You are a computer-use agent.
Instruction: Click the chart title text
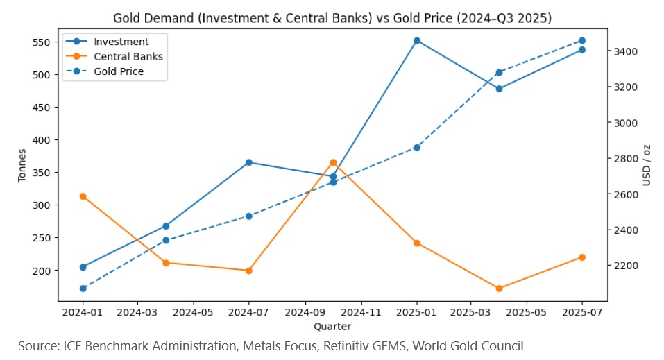pyautogui.click(x=332, y=19)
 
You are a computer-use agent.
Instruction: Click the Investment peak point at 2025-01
pyautogui.click(x=416, y=41)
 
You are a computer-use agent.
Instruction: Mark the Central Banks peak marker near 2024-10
pyautogui.click(x=333, y=162)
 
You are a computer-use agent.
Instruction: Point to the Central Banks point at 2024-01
pyautogui.click(x=83, y=196)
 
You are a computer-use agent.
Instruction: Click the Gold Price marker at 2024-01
pyautogui.click(x=83, y=289)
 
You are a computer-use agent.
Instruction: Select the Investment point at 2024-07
pyautogui.click(x=249, y=162)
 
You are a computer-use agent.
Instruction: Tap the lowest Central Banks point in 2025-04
pyautogui.click(x=499, y=289)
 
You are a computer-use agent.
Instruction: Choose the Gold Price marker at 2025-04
pyautogui.click(x=499, y=72)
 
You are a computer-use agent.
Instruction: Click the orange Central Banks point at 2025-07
pyautogui.click(x=582, y=257)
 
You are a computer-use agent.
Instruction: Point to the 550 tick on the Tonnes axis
pyautogui.click(x=40, y=42)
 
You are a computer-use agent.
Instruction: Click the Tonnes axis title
pyautogui.click(x=22, y=165)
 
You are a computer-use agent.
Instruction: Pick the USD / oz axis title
pyautogui.click(x=647, y=164)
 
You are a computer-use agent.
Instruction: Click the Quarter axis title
pyautogui.click(x=332, y=326)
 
